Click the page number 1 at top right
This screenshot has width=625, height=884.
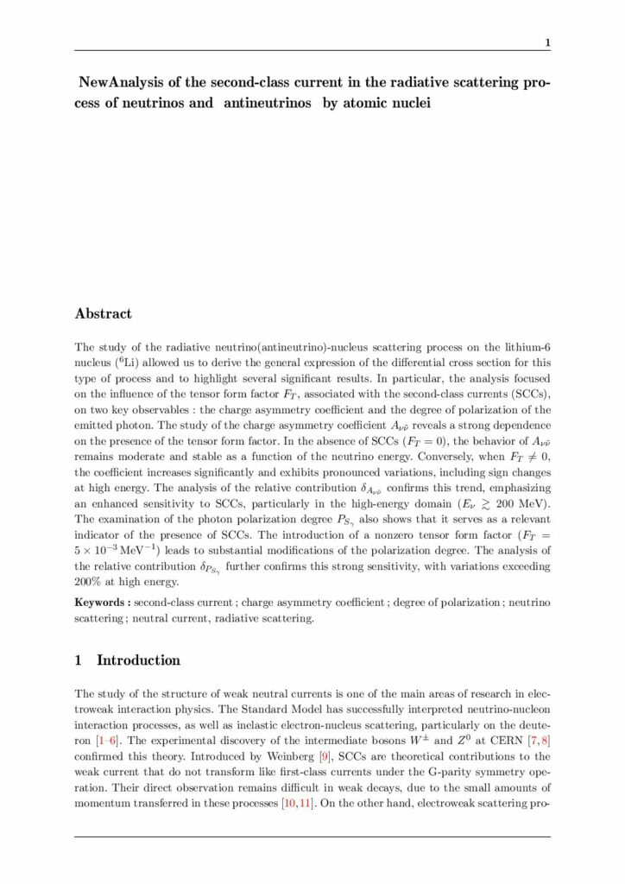[x=546, y=42]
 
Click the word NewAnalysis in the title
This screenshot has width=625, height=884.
[x=117, y=85]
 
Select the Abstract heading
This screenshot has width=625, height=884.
[x=104, y=313]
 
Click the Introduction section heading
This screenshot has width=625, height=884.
[x=138, y=660]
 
